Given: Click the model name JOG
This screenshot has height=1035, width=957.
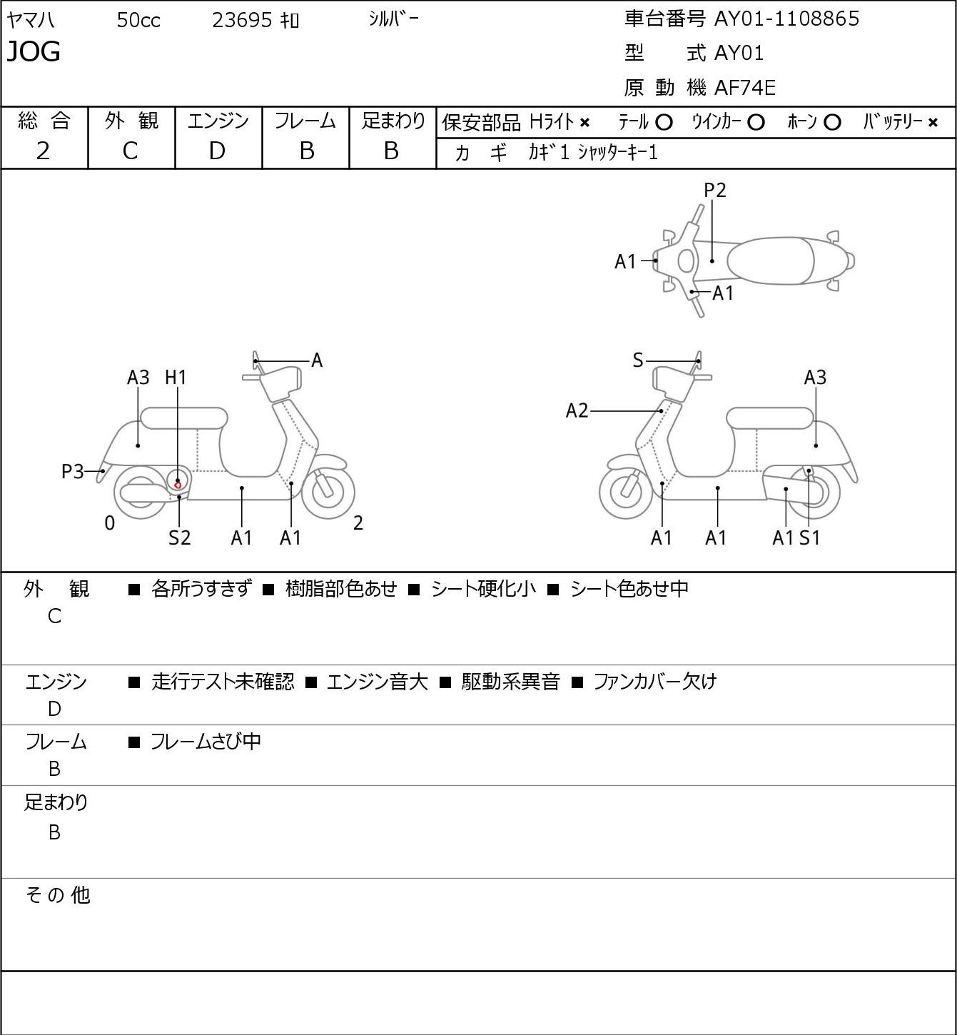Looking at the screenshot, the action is click(x=34, y=51).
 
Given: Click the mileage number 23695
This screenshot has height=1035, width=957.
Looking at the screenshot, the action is click(x=242, y=20).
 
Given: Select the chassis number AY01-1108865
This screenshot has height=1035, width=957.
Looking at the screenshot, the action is click(x=786, y=19).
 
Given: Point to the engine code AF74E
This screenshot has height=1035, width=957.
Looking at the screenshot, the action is click(x=745, y=88).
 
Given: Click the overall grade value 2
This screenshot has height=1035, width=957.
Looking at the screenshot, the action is click(x=44, y=151).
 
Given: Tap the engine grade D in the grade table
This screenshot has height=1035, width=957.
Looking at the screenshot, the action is click(x=218, y=151).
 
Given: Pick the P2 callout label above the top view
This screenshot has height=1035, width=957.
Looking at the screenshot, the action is click(x=714, y=190).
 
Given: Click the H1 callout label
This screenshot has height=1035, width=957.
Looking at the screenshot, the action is click(x=176, y=378).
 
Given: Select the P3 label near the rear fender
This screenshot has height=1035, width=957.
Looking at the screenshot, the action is click(x=73, y=472).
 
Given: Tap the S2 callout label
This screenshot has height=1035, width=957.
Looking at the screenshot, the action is click(x=180, y=537).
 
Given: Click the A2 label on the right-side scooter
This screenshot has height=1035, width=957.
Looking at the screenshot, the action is click(x=577, y=411).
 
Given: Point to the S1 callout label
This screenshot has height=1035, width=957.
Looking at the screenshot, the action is click(x=810, y=537).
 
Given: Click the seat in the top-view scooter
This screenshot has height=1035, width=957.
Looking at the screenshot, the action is click(x=770, y=261).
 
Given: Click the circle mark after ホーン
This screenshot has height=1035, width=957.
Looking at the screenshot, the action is click(x=832, y=123).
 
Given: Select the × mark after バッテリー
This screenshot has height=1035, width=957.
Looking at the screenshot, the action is click(x=933, y=123).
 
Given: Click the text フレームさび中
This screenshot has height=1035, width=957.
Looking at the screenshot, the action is click(x=206, y=741).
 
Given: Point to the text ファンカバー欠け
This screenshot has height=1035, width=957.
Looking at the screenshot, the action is click(x=655, y=681).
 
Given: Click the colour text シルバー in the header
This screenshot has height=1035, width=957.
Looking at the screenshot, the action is click(x=394, y=19).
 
